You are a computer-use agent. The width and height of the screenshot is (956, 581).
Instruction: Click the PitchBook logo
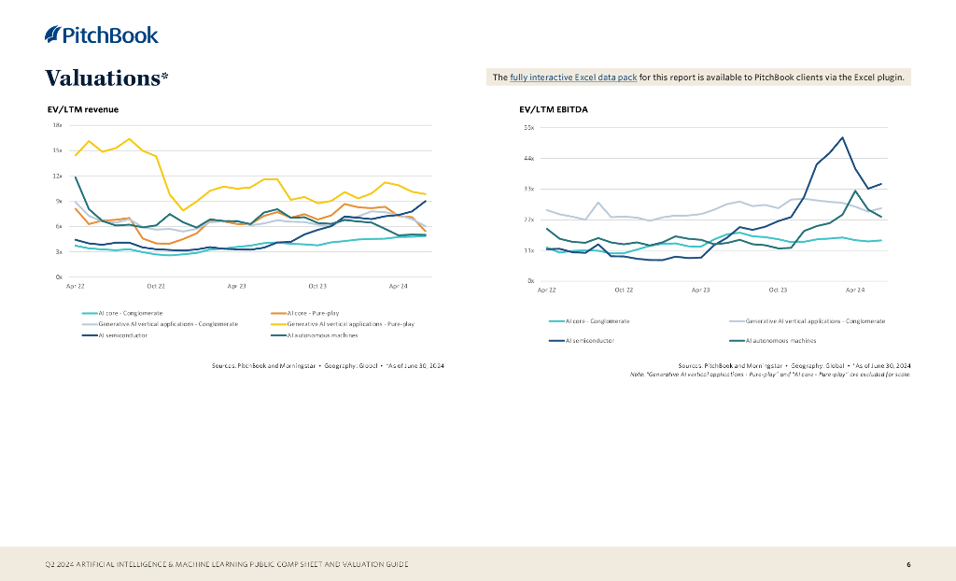[x=102, y=35]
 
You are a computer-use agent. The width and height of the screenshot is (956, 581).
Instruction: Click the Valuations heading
[x=106, y=78]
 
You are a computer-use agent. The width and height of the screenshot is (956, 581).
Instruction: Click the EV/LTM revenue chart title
[x=83, y=109]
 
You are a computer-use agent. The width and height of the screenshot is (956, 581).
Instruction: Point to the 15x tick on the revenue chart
[x=57, y=150]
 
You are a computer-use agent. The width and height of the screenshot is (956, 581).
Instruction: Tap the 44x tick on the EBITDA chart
[x=527, y=158]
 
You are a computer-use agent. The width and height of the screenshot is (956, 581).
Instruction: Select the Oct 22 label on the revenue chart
[x=156, y=285]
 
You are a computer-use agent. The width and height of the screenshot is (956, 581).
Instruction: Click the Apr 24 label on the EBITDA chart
[x=854, y=290]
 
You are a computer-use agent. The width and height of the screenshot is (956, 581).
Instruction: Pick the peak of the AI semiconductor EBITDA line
[x=842, y=137]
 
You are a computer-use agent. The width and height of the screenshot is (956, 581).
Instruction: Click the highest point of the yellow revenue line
[x=129, y=139]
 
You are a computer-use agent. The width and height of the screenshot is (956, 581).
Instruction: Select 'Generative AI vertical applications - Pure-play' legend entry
[x=349, y=323]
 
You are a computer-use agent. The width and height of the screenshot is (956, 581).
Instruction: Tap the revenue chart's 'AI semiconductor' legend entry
[x=121, y=334]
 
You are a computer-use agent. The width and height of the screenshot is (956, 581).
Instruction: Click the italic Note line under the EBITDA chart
[x=769, y=375]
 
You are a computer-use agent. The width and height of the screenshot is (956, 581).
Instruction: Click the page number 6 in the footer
[x=908, y=564]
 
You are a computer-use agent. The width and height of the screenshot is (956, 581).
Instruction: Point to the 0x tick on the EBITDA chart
[x=530, y=280]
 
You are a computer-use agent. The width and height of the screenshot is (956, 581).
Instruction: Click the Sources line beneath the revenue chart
[x=328, y=365]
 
